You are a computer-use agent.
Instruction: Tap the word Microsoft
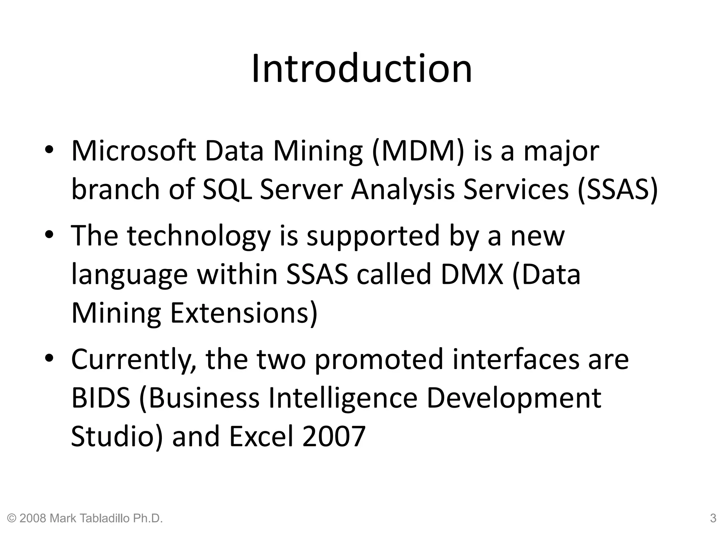pyautogui.click(x=133, y=151)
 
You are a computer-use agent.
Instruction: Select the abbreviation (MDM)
pyautogui.click(x=418, y=151)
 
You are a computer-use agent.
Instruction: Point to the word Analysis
pyautogui.click(x=403, y=190)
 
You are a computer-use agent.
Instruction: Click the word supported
pyautogui.click(x=373, y=236)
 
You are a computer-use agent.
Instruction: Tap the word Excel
pyautogui.click(x=262, y=436)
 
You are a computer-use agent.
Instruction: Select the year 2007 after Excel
pyautogui.click(x=334, y=436)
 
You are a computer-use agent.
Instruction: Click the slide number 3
pyautogui.click(x=713, y=519)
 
